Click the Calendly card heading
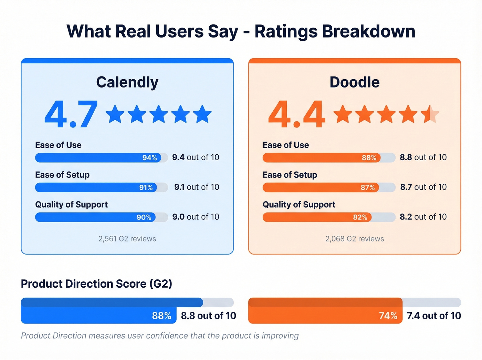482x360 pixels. [x=127, y=82]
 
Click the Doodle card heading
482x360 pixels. [x=354, y=82]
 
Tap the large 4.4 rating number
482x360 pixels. [x=296, y=114]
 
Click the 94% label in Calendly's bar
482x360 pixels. [x=150, y=158]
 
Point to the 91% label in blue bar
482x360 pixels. [x=146, y=187]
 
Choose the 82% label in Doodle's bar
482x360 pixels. [x=360, y=217]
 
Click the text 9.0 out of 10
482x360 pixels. [x=196, y=217]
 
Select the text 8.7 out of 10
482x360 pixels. [x=423, y=187]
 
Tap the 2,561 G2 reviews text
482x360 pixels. [x=127, y=239]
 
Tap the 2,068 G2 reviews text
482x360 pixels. [x=355, y=239]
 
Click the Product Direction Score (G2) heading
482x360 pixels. [x=96, y=284]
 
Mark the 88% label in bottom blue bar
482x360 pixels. [x=161, y=316]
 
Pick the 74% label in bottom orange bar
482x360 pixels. [x=388, y=316]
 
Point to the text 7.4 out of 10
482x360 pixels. [x=434, y=316]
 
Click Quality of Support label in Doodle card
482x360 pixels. [x=299, y=205]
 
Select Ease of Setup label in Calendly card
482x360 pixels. [x=62, y=175]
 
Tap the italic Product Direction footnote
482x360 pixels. [x=160, y=336]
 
